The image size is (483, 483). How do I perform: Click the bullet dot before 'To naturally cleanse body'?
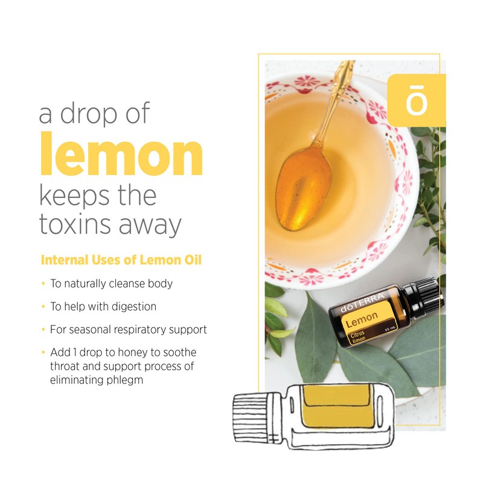coord(43,284)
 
